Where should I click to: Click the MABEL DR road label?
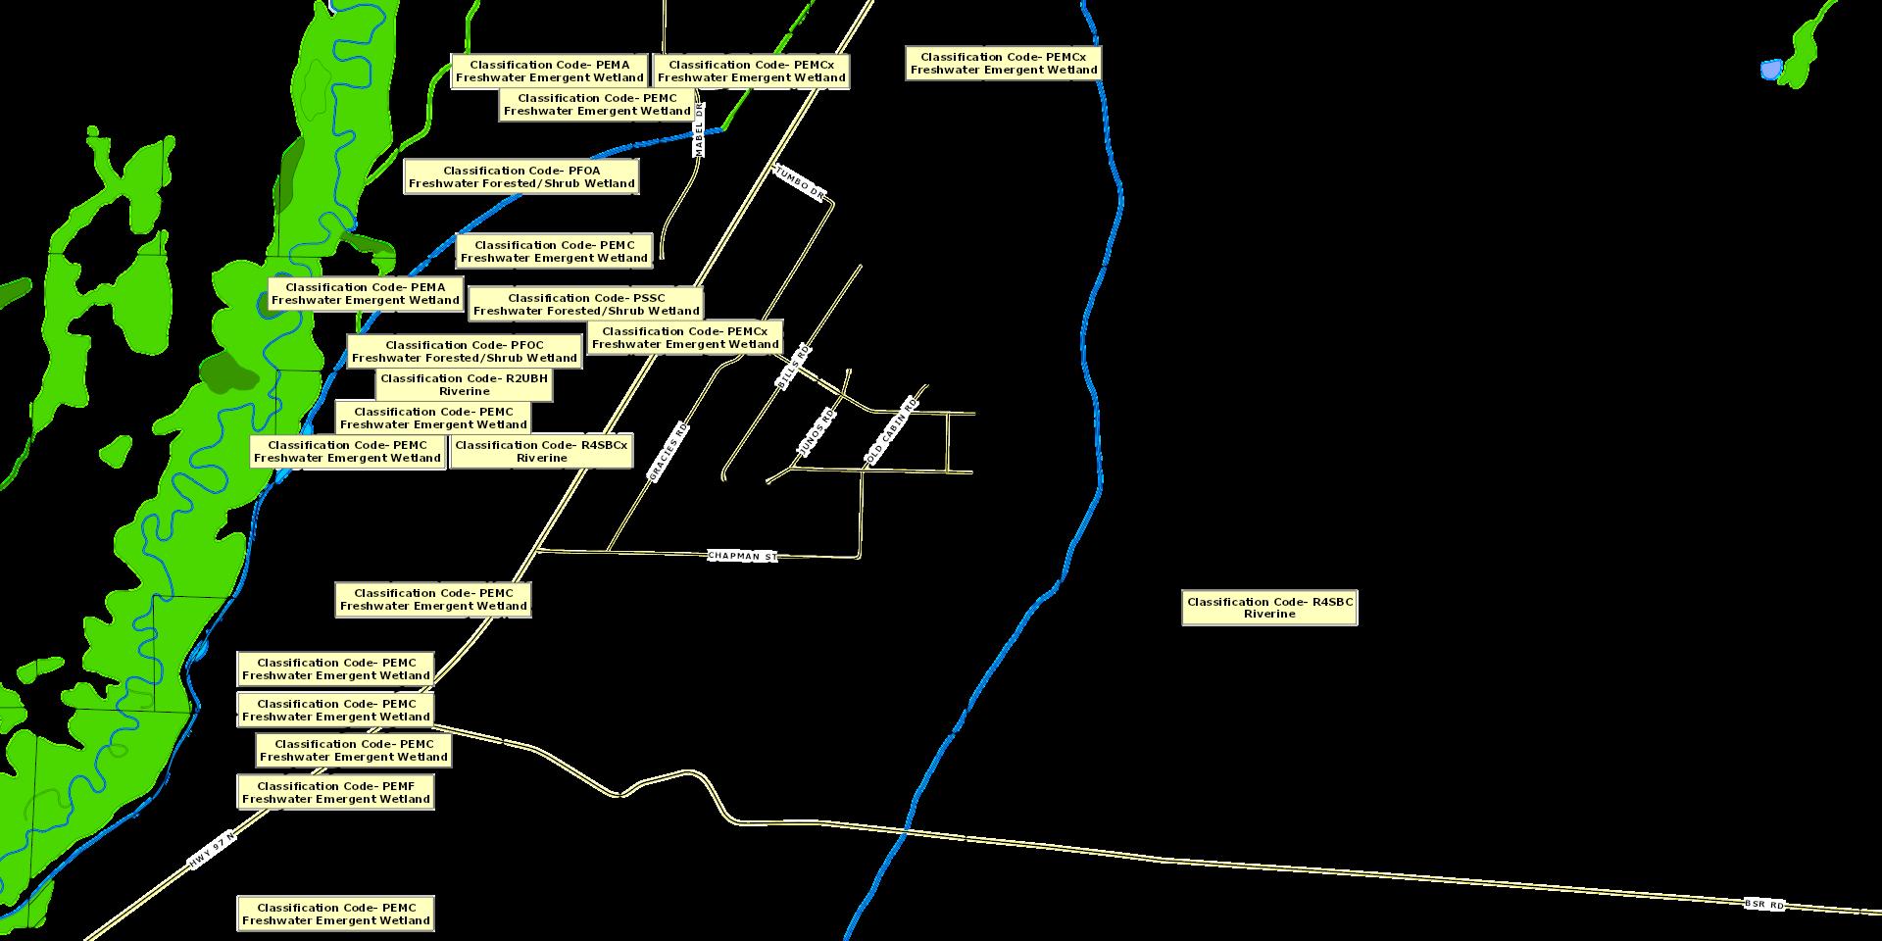pos(699,128)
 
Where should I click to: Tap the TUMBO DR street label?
pos(800,183)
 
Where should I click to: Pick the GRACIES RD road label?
pos(669,452)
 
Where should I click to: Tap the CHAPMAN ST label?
pos(742,556)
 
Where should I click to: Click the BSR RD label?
pos(1764,904)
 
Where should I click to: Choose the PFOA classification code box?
pos(521,176)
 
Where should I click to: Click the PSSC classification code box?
pos(586,304)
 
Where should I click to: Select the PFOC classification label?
pos(465,351)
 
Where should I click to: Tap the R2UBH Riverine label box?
pos(465,384)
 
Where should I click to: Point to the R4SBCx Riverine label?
pos(541,451)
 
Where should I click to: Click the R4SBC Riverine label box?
pos(1269,608)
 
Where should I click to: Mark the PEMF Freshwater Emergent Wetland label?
pos(335,792)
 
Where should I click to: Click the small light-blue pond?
pos(1770,70)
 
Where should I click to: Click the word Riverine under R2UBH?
pos(465,391)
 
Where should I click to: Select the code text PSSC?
pos(649,298)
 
